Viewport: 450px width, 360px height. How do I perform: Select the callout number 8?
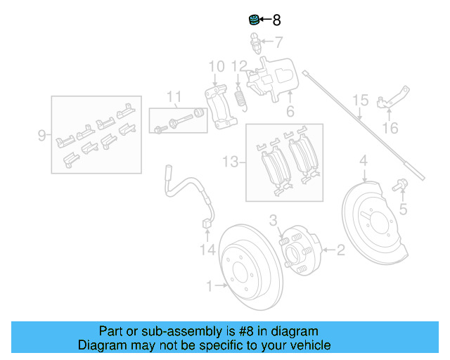[276, 20]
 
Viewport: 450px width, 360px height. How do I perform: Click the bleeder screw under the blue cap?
[256, 46]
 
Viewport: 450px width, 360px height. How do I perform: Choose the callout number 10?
[217, 67]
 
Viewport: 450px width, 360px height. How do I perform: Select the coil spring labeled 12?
[240, 99]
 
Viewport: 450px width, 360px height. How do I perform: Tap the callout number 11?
[174, 97]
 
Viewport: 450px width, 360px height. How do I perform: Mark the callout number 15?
[360, 101]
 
